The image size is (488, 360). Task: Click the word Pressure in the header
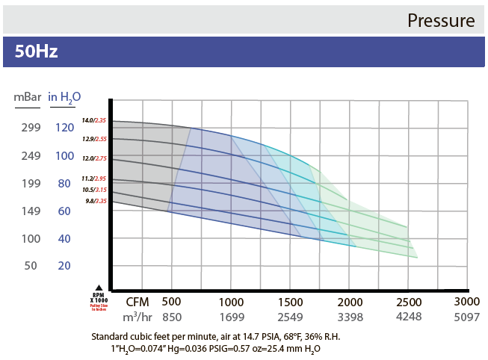point(441,20)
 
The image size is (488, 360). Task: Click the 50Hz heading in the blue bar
point(37,52)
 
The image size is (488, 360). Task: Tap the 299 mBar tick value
point(31,128)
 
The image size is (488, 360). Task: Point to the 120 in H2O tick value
point(65,128)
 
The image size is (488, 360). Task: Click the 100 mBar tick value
point(31,239)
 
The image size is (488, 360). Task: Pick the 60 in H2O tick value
point(65,211)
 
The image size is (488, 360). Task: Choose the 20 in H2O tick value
point(65,266)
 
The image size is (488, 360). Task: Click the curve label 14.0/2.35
point(95,120)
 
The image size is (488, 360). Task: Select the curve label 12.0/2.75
point(95,158)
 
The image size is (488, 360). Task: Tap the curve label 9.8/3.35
point(96,200)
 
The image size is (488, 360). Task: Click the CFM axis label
point(138,302)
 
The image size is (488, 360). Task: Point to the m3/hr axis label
point(138,317)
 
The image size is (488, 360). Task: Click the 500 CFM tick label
point(172,302)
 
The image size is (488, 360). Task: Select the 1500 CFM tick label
point(291,302)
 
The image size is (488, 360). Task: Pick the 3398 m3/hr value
point(349,317)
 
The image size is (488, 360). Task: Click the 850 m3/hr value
point(172,317)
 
